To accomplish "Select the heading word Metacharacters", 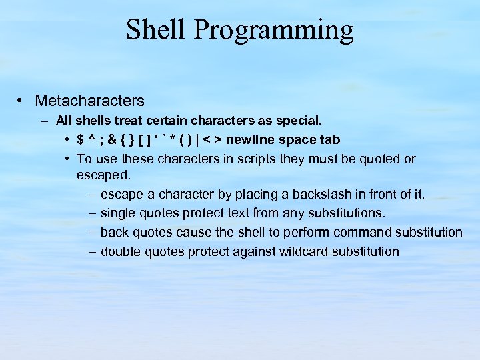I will pos(89,101).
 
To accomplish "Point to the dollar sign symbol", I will pos(81,140).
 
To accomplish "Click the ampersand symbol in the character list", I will pos(112,140).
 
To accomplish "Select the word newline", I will pos(251,140).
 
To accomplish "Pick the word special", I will pos(301,121).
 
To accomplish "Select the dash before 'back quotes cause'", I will pos(91,232).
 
